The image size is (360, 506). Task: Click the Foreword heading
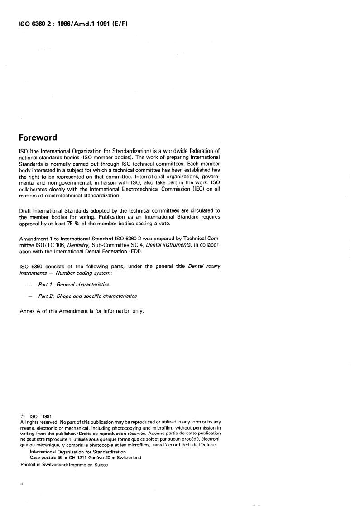click(x=38, y=138)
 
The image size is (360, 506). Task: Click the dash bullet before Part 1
click(x=30, y=285)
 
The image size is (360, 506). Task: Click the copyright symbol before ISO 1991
click(x=23, y=416)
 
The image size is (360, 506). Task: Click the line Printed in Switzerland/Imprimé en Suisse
click(x=64, y=464)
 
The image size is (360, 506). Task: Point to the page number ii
click(x=22, y=483)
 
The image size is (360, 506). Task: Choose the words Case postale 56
click(x=47, y=457)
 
